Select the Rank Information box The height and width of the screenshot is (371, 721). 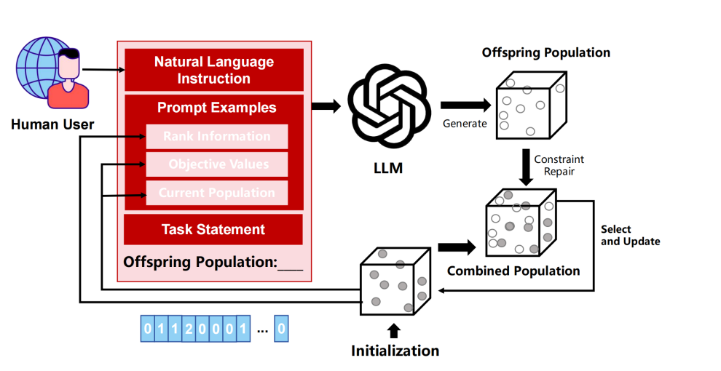[x=217, y=137]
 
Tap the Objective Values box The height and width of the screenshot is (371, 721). [x=217, y=164]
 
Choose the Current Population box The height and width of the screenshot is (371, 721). [x=217, y=193]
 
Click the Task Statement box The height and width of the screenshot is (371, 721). [x=213, y=229]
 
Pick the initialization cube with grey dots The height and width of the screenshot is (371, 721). [x=393, y=280]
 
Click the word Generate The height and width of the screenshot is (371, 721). [x=465, y=124]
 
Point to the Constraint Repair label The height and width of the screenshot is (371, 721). [x=559, y=165]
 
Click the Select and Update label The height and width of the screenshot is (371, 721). [x=630, y=235]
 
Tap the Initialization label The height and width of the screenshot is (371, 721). [x=395, y=351]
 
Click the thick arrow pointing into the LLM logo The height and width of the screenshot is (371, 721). [x=326, y=106]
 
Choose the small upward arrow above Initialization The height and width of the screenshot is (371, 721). [x=394, y=331]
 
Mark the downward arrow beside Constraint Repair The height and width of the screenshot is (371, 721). [x=525, y=166]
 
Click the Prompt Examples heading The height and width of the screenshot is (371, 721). [x=216, y=108]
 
